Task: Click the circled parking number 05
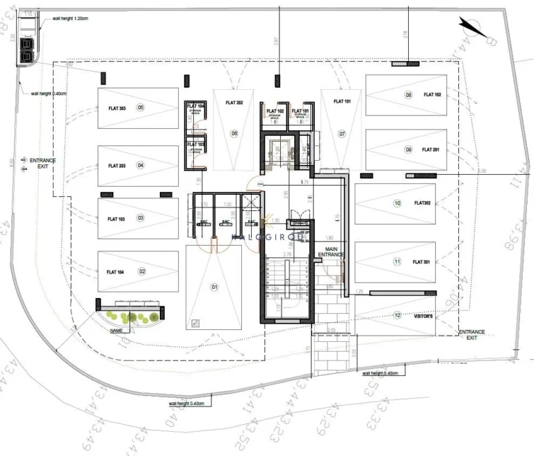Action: coord(140,108)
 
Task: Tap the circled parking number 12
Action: coord(397,315)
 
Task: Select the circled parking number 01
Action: coord(214,287)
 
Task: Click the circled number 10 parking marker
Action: coord(397,204)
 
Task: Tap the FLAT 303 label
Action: coord(117,108)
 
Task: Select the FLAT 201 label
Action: coord(432,150)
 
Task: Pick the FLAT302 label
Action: coord(423,204)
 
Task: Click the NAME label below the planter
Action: coord(117,331)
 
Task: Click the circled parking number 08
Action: coord(409,95)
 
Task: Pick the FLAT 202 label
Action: coord(234,103)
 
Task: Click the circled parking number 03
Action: coord(140,219)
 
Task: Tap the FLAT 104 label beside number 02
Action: coord(117,272)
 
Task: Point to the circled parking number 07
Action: coord(342,133)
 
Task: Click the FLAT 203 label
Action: coord(117,166)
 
